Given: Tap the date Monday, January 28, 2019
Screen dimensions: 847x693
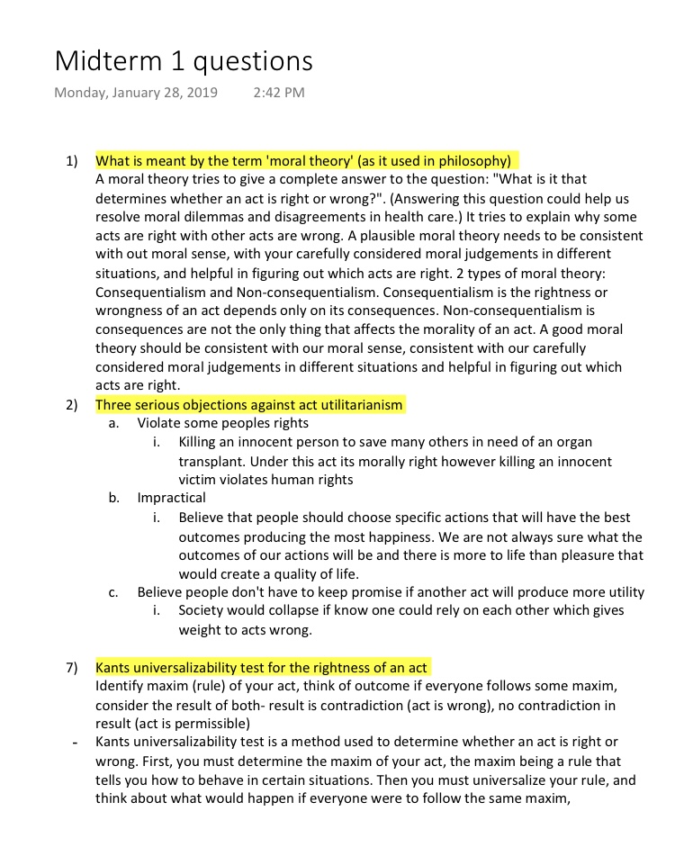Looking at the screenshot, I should coord(136,93).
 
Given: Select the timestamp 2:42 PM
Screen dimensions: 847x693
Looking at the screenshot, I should coord(279,93).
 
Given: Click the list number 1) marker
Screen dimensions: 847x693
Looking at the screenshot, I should coord(71,162).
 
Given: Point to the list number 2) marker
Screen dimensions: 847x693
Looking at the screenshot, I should coord(71,405).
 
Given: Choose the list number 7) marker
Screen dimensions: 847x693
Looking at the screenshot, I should coord(71,668).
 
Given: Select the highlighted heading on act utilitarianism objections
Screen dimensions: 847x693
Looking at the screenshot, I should coord(249,405).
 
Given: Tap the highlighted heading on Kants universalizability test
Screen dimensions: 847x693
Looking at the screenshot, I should coord(261,668).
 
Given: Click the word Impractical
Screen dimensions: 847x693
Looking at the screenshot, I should coord(171,498).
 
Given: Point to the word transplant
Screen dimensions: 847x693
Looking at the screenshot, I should coord(212,461).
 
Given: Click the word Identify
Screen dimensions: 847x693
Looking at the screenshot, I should coord(121,687).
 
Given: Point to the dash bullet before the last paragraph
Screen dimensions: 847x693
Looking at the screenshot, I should coord(74,743).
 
